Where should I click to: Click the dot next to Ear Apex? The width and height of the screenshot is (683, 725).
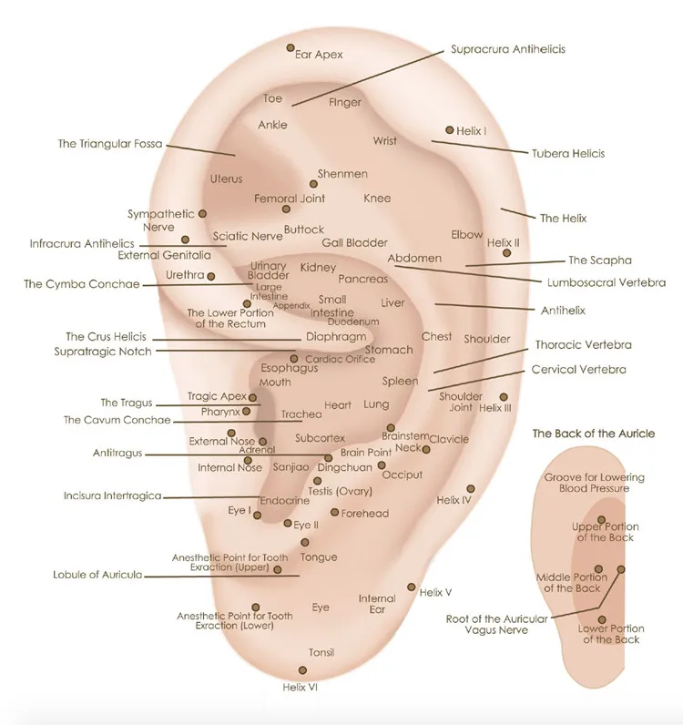point(291,47)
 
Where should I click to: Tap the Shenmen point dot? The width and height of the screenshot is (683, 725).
point(313,184)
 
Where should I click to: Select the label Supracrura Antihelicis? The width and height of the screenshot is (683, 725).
point(508,49)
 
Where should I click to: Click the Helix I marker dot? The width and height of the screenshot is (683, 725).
point(450,130)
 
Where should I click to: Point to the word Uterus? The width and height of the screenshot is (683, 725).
point(226,179)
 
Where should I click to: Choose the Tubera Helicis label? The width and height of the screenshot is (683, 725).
point(568,154)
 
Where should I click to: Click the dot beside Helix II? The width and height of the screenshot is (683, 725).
point(507,253)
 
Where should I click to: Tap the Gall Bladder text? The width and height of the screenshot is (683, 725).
point(354,243)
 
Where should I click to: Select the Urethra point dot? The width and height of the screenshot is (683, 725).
point(211,277)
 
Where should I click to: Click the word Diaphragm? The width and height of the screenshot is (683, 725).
point(336,337)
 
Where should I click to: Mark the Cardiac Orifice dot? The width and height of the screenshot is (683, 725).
point(294,359)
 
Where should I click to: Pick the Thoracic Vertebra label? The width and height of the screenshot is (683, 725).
point(583,345)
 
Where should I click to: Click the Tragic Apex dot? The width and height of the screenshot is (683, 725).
point(252,398)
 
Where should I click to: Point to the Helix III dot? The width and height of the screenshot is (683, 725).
point(504,397)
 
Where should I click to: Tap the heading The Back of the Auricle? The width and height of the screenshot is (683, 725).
point(593,434)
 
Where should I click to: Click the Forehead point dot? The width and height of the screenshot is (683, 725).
point(334,512)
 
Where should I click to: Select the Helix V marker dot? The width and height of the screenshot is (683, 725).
point(411,587)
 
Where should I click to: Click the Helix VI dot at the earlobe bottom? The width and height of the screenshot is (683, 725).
point(302,670)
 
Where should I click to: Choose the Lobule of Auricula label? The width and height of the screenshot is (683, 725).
point(97,575)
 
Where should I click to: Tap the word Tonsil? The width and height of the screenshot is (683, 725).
point(321,652)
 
